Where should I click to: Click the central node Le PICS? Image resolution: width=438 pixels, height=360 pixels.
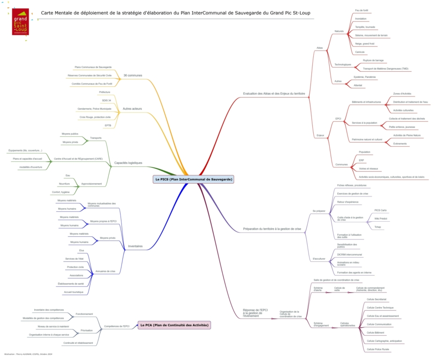tap(193, 179)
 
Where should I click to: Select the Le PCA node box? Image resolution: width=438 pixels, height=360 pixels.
tap(174, 325)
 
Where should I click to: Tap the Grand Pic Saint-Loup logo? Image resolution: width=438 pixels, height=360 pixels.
tap(21, 22)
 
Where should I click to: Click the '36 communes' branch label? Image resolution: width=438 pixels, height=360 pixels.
tap(133, 75)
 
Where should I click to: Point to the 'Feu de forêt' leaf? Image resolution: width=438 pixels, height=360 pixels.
tap(362, 10)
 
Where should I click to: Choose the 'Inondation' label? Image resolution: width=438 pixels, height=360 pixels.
tap(361, 19)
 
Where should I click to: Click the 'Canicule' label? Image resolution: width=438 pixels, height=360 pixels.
tap(360, 52)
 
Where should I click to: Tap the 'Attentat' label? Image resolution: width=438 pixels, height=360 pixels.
tap(358, 85)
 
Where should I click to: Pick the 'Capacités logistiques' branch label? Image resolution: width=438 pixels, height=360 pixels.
tap(128, 163)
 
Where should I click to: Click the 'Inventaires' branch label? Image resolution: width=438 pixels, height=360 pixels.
tap(135, 246)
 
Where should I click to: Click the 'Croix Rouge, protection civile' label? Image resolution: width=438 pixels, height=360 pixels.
tap(95, 117)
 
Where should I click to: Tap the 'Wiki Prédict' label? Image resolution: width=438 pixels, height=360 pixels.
tap(380, 219)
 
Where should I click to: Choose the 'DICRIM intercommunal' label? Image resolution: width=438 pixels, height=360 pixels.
tap(349, 255)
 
